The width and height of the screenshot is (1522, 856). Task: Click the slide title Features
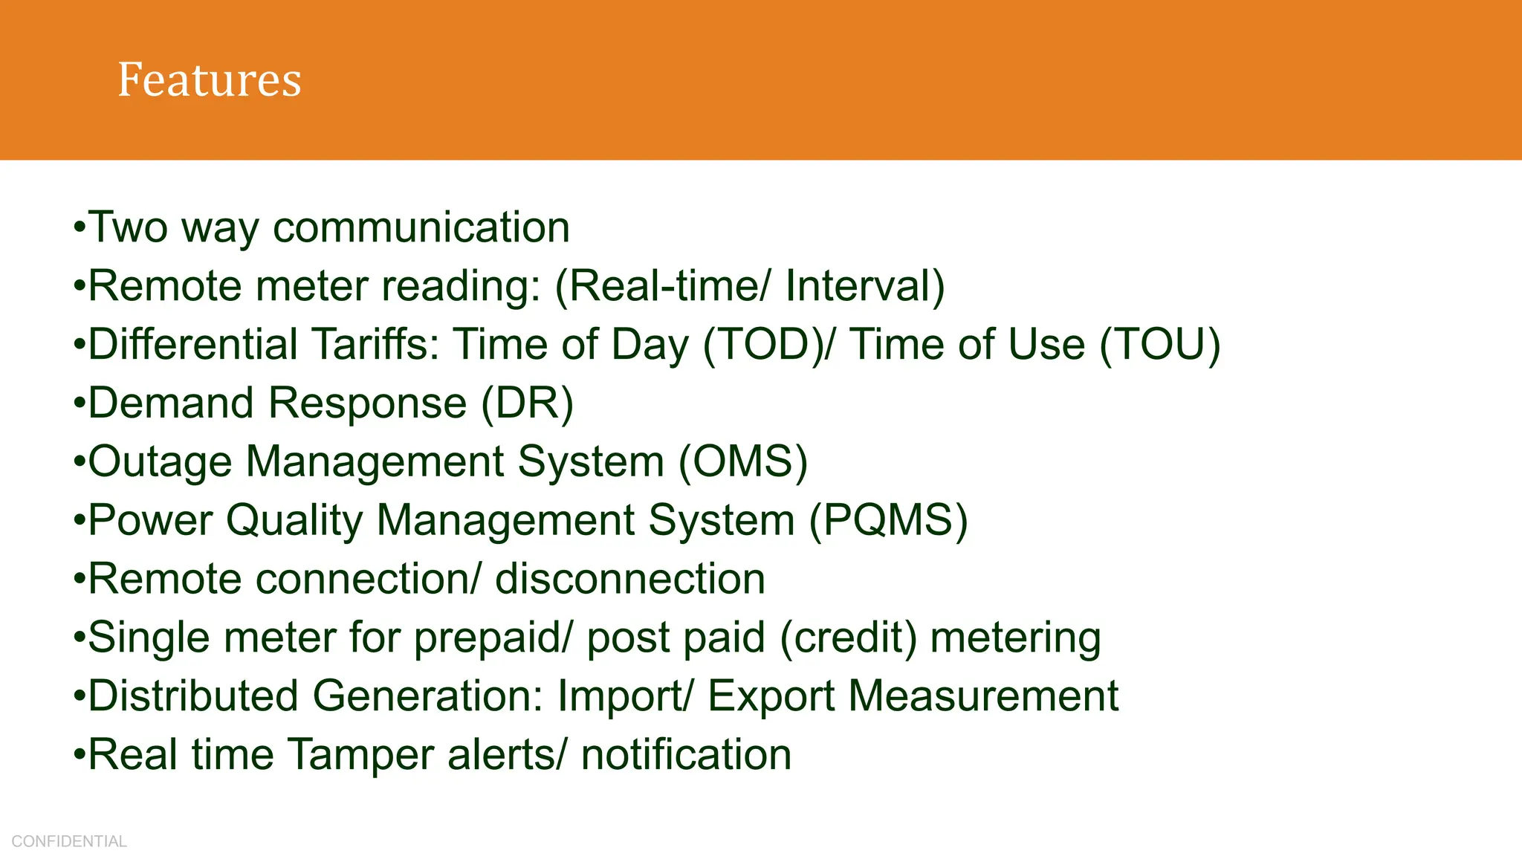tap(210, 80)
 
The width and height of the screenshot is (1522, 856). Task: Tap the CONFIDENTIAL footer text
tap(69, 841)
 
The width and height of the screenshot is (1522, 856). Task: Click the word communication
tap(421, 227)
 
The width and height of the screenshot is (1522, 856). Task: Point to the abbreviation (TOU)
tap(1159, 345)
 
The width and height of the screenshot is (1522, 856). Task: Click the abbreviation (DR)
tap(528, 403)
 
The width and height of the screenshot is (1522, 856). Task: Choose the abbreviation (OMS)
tap(743, 462)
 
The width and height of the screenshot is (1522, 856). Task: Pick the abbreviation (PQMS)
tap(888, 520)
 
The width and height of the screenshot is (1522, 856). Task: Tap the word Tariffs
tap(375, 345)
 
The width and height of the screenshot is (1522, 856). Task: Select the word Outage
tap(161, 462)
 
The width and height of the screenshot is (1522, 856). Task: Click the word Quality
tap(294, 520)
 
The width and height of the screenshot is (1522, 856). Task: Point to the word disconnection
tap(630, 579)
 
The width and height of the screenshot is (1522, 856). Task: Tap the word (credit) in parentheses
tap(848, 638)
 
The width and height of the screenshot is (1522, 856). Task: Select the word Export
tap(771, 696)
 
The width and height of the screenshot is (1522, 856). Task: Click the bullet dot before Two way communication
tap(79, 228)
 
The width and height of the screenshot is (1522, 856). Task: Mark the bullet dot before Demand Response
tap(79, 404)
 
